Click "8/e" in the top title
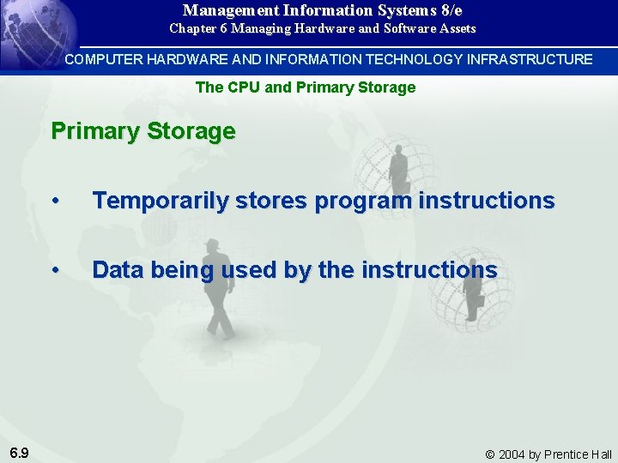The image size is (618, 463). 448,10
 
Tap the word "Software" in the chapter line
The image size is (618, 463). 398,28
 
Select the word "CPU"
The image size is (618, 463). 245,87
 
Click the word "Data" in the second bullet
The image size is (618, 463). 118,270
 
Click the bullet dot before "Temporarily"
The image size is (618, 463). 55,201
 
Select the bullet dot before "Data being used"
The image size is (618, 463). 55,270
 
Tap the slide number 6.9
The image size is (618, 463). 20,453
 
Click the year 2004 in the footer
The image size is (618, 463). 513,454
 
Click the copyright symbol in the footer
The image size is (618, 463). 490,454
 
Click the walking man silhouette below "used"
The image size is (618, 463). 219,296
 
